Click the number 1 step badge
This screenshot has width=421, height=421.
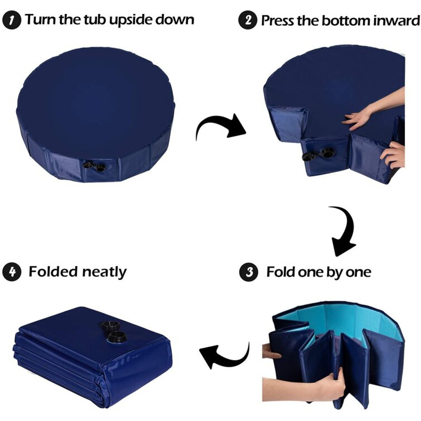tap(12, 20)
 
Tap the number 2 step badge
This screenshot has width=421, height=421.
tap(248, 20)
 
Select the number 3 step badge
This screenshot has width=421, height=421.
tap(249, 272)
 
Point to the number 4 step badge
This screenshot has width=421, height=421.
tap(12, 272)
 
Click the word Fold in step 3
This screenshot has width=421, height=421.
tap(280, 272)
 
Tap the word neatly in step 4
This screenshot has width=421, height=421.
tap(104, 272)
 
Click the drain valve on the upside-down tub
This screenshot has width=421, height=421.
tap(94, 166)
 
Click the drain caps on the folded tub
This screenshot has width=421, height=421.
tap(114, 332)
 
